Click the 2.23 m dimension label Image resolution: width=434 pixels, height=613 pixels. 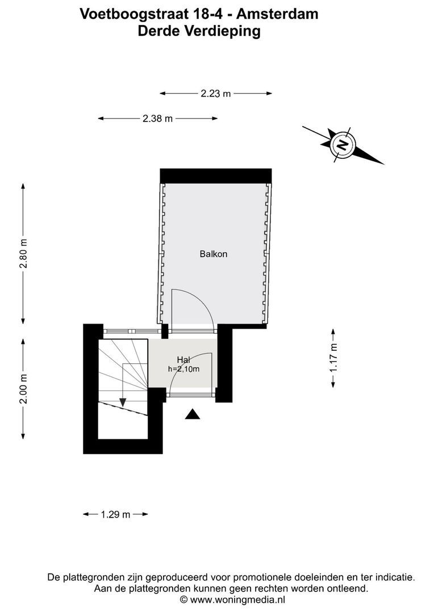click(x=216, y=94)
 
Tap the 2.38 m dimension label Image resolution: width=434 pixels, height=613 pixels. click(x=157, y=119)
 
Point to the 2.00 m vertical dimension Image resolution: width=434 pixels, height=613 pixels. click(x=23, y=389)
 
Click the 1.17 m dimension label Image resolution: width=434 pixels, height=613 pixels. click(x=333, y=358)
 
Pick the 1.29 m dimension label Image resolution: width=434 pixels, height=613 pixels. click(x=115, y=515)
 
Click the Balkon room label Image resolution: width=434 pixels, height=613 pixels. click(x=214, y=254)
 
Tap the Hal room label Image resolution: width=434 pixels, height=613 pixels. click(x=183, y=359)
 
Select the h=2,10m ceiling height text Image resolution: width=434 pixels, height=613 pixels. click(x=183, y=368)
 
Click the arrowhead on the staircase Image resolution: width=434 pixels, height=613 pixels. click(x=123, y=402)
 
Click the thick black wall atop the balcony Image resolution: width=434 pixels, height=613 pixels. click(x=215, y=176)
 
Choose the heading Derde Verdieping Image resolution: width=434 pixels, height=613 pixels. click(x=199, y=31)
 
